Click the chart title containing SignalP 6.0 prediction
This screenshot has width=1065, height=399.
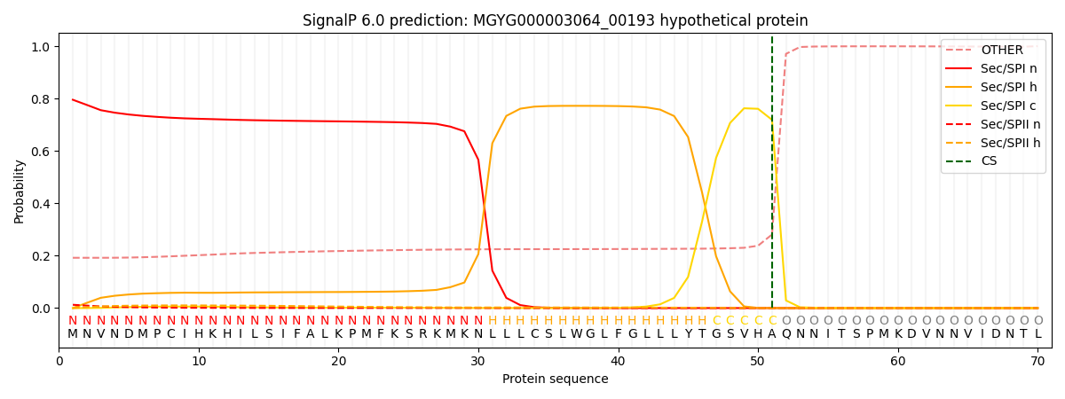pos(555,20)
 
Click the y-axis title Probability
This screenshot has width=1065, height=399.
pos(20,192)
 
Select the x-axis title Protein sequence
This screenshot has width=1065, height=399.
pos(555,379)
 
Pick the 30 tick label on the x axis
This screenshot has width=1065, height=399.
pos(478,362)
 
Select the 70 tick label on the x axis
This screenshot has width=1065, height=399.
pos(1037,362)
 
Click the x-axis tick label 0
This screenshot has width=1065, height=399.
pos(59,362)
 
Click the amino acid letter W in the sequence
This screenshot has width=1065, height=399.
pos(576,334)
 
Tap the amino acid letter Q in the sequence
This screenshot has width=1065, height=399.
pos(785,334)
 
